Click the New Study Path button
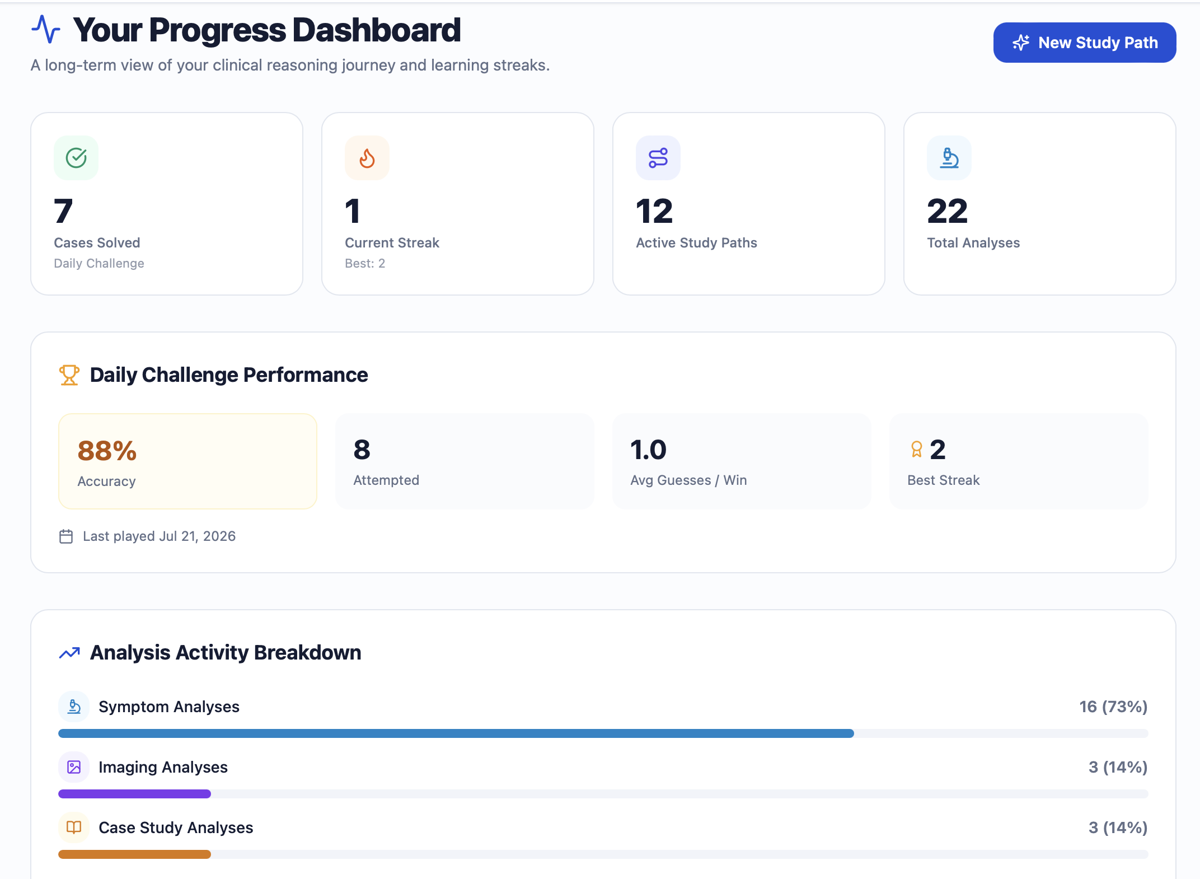(x=1084, y=43)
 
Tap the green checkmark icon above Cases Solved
(x=76, y=158)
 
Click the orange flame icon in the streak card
(x=367, y=158)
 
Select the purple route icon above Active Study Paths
(x=658, y=158)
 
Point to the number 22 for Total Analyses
(x=947, y=211)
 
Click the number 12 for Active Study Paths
(x=654, y=211)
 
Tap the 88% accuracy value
(x=107, y=451)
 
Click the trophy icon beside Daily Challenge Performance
(x=69, y=375)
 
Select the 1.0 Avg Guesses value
(x=648, y=450)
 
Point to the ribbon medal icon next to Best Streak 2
(x=916, y=450)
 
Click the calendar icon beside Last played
(x=66, y=536)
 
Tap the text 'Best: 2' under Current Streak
(x=365, y=263)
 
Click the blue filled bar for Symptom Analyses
(x=456, y=733)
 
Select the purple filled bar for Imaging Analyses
(x=134, y=794)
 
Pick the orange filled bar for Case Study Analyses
(x=134, y=854)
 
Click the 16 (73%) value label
(x=1113, y=707)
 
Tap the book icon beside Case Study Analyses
(x=74, y=827)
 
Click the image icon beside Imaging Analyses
(x=74, y=767)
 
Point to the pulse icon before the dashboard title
(x=46, y=29)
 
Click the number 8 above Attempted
(x=362, y=450)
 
